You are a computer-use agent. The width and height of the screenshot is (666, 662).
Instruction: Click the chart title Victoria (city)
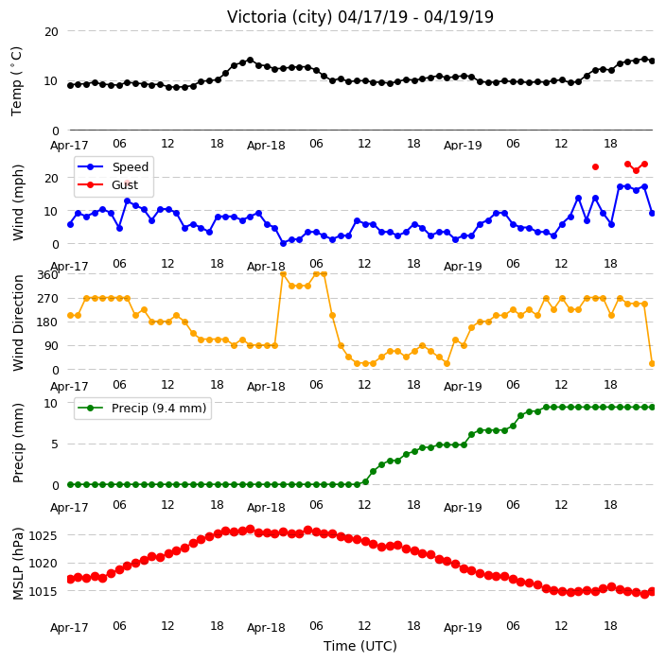click(x=280, y=17)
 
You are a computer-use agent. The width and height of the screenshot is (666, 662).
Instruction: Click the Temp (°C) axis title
click(x=16, y=81)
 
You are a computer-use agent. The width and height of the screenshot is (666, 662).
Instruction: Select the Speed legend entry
click(x=114, y=166)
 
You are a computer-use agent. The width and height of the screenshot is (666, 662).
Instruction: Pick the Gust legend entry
click(x=108, y=184)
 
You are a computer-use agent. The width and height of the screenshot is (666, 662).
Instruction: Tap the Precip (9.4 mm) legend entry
click(x=142, y=408)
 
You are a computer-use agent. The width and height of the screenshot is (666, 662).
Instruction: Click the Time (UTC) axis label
click(x=360, y=645)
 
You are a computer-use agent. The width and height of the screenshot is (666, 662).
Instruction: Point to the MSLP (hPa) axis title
click(x=17, y=563)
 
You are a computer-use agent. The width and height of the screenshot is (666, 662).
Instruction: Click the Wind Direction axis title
click(x=18, y=322)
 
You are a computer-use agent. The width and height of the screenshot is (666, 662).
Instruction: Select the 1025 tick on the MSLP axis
click(x=43, y=535)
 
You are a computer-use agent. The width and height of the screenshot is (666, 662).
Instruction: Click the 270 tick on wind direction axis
click(x=47, y=299)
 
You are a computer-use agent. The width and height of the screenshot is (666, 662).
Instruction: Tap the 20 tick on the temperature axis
click(x=51, y=31)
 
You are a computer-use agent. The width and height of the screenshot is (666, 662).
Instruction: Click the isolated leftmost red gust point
click(x=127, y=183)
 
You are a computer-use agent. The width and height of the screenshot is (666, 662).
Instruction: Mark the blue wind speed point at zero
click(x=283, y=243)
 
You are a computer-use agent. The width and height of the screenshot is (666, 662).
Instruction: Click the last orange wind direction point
click(x=653, y=363)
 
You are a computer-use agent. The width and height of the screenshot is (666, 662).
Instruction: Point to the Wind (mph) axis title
click(x=18, y=202)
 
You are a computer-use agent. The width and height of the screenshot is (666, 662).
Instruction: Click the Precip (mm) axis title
click(x=18, y=443)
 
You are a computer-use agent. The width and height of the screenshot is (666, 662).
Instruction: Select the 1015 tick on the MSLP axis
click(x=43, y=591)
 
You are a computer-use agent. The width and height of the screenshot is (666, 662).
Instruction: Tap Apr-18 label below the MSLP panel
click(x=266, y=627)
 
